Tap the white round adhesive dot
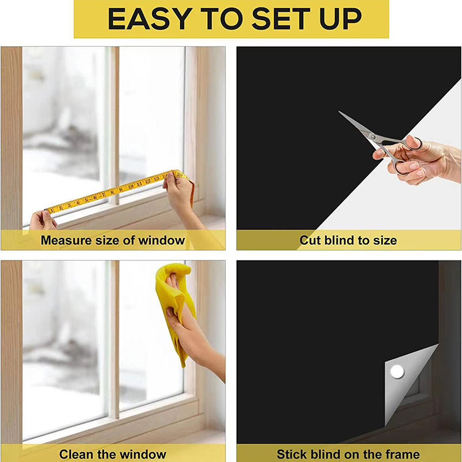[396, 371]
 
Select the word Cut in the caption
[310, 240]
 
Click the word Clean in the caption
[76, 454]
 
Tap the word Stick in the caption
[292, 454]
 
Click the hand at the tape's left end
[42, 219]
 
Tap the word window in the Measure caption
[165, 240]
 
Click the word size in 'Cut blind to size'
[385, 240]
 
